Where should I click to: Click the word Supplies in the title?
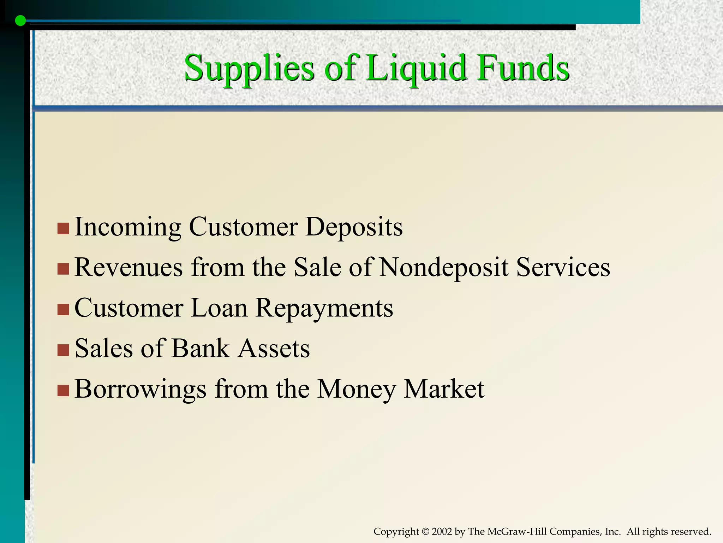[249, 68]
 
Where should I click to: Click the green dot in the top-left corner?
[20, 21]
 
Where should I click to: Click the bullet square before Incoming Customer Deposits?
[63, 228]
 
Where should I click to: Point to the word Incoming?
[128, 227]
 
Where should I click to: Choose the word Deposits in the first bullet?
[354, 227]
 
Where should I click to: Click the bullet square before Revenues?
[63, 269]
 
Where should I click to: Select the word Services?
[563, 267]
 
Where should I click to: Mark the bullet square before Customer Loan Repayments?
[63, 310]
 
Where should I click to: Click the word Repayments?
[324, 308]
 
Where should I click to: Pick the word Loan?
[219, 308]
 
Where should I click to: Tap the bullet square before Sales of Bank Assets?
[63, 350]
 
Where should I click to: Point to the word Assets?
[274, 348]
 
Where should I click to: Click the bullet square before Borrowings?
[63, 391]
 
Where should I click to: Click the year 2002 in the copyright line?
[441, 531]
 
